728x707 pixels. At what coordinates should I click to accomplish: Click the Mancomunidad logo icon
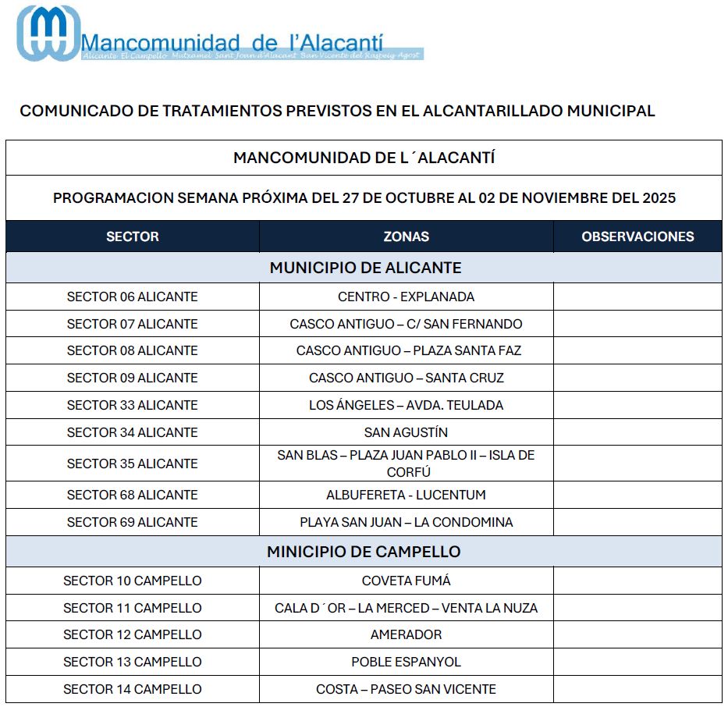[48, 33]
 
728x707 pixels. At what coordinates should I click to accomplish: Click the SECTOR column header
[132, 236]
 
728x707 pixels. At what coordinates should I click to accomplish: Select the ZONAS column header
[406, 236]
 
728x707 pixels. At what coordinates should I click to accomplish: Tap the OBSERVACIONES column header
[637, 236]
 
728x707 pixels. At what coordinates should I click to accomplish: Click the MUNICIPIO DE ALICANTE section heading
[365, 268]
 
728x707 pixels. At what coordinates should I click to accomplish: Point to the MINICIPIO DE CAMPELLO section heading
[364, 552]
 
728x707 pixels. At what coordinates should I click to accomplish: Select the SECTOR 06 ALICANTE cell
[132, 297]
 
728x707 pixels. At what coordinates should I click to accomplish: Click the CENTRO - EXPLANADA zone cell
[406, 297]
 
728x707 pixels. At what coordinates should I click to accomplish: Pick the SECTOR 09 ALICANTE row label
[132, 378]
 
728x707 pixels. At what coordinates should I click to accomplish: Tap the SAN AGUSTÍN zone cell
[406, 432]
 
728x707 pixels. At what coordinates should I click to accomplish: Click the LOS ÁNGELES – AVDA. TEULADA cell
[406, 405]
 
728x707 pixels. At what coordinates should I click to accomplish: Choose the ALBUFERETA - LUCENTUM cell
[406, 495]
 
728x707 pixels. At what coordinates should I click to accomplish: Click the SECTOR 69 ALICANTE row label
[132, 522]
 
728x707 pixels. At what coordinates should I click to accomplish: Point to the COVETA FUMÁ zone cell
[406, 581]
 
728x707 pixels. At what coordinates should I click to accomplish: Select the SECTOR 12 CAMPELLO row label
[132, 634]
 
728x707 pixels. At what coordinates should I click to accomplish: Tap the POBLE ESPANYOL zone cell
[406, 662]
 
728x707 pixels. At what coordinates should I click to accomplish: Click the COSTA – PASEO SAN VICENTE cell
[406, 689]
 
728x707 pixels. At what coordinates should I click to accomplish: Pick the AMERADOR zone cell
[406, 634]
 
